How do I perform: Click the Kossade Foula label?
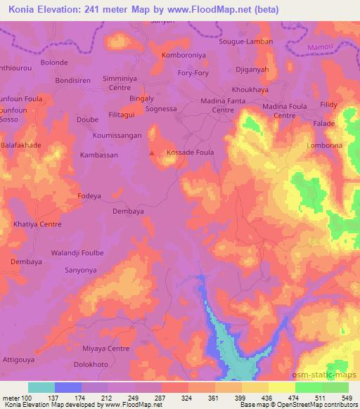[189, 152]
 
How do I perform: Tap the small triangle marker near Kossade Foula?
[153, 152]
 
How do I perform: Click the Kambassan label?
[99, 155]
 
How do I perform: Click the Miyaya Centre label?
[106, 349]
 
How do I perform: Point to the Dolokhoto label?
[91, 365]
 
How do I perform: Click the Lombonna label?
[325, 145]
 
